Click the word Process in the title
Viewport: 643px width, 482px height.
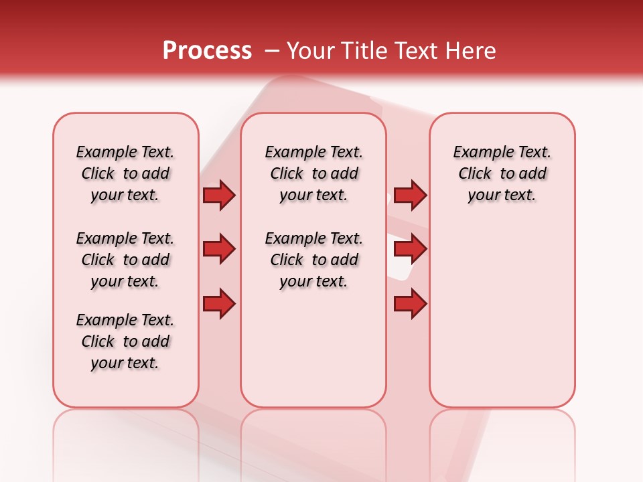click(x=207, y=51)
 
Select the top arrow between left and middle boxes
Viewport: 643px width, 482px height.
click(x=219, y=195)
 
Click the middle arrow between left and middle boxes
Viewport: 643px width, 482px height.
click(x=219, y=249)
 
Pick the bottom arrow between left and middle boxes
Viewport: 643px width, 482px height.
click(x=219, y=304)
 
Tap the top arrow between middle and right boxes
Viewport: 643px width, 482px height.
click(x=410, y=195)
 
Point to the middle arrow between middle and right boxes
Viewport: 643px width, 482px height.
click(x=410, y=249)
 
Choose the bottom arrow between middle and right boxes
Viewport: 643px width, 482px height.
click(x=410, y=304)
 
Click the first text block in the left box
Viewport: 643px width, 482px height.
click(x=125, y=173)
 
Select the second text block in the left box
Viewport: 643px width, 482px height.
click(x=125, y=260)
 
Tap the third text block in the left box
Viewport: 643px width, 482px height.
click(x=125, y=341)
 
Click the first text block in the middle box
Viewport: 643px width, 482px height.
click(x=313, y=173)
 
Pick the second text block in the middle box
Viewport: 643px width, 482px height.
click(x=313, y=260)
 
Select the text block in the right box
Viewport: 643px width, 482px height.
click(x=502, y=173)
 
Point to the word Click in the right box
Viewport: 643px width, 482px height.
click(x=475, y=174)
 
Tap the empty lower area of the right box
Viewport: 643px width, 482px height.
click(x=502, y=321)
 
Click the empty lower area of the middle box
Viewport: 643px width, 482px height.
click(x=313, y=348)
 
